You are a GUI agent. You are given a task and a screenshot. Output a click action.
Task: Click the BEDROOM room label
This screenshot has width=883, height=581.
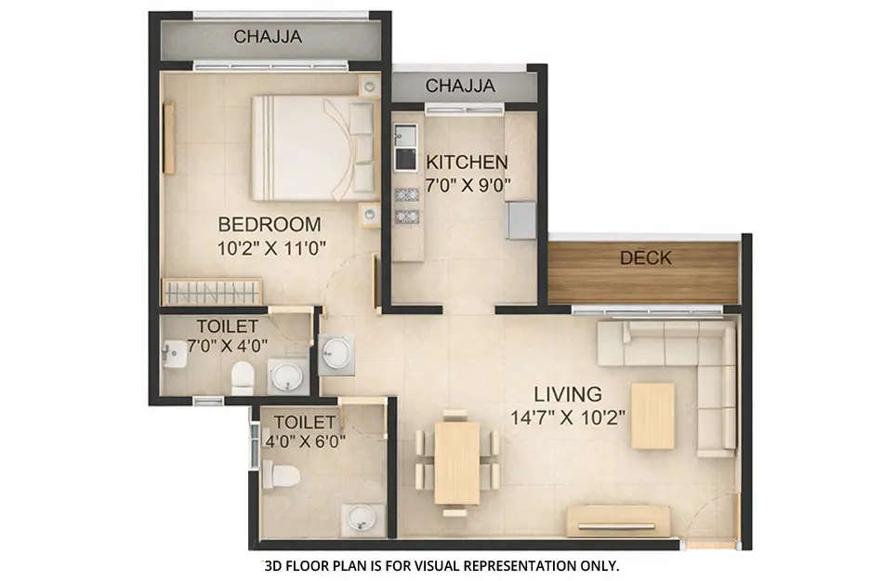[x=270, y=224]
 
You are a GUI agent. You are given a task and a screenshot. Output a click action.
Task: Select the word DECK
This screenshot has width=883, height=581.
[x=645, y=257]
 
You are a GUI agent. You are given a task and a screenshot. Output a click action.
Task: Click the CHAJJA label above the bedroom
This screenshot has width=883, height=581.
[x=268, y=37]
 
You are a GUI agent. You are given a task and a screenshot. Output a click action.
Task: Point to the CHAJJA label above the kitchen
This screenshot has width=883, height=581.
[x=460, y=86]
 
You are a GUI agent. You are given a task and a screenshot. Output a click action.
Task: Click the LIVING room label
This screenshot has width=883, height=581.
[x=568, y=393]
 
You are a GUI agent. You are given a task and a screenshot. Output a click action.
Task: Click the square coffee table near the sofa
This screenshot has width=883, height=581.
[x=652, y=416]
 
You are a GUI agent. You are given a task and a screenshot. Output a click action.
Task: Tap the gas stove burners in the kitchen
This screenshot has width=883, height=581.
[x=405, y=205]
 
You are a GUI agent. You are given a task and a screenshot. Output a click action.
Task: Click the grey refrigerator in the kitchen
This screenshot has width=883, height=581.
[x=521, y=219]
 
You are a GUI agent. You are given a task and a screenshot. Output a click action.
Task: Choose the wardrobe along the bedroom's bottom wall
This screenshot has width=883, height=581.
[x=211, y=292]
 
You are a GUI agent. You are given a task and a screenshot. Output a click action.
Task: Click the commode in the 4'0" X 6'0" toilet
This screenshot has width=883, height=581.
[x=280, y=477]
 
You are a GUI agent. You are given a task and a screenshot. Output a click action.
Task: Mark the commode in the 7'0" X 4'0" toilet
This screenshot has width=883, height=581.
[x=243, y=376]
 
